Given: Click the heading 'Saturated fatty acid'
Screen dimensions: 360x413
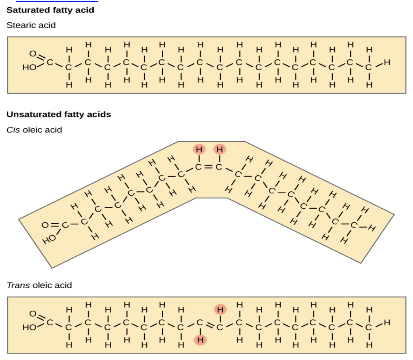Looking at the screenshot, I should (x=50, y=10).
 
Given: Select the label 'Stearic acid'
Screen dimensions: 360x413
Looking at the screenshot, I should (x=31, y=25).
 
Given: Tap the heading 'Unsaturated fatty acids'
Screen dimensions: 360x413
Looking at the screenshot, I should (x=59, y=114).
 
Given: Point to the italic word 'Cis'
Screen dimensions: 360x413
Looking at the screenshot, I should (x=13, y=130).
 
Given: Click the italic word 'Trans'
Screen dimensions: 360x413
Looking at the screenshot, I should (x=18, y=285).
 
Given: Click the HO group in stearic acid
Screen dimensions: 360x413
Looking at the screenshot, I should (x=29, y=67).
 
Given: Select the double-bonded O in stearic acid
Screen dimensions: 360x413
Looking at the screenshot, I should (x=32, y=53).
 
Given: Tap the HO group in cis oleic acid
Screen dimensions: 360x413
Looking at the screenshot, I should (x=49, y=239).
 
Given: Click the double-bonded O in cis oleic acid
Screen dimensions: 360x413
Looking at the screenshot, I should (x=45, y=225).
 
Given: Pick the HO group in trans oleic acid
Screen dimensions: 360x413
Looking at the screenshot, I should (x=29, y=327).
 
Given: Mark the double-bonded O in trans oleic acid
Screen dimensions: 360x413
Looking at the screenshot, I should (x=32, y=314).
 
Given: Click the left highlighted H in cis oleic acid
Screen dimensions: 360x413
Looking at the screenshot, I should (x=199, y=150).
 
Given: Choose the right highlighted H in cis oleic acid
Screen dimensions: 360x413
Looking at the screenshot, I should (x=219, y=150).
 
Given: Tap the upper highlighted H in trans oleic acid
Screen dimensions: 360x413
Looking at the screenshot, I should (x=220, y=309).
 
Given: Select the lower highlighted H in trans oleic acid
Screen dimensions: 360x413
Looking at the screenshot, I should (x=200, y=340).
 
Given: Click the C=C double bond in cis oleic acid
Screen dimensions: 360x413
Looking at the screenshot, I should (x=209, y=167).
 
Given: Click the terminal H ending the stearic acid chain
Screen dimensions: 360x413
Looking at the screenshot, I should (x=387, y=63).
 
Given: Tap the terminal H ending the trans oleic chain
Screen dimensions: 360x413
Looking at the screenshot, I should (x=387, y=322).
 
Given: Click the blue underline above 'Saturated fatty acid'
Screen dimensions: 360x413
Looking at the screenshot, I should (x=57, y=1).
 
